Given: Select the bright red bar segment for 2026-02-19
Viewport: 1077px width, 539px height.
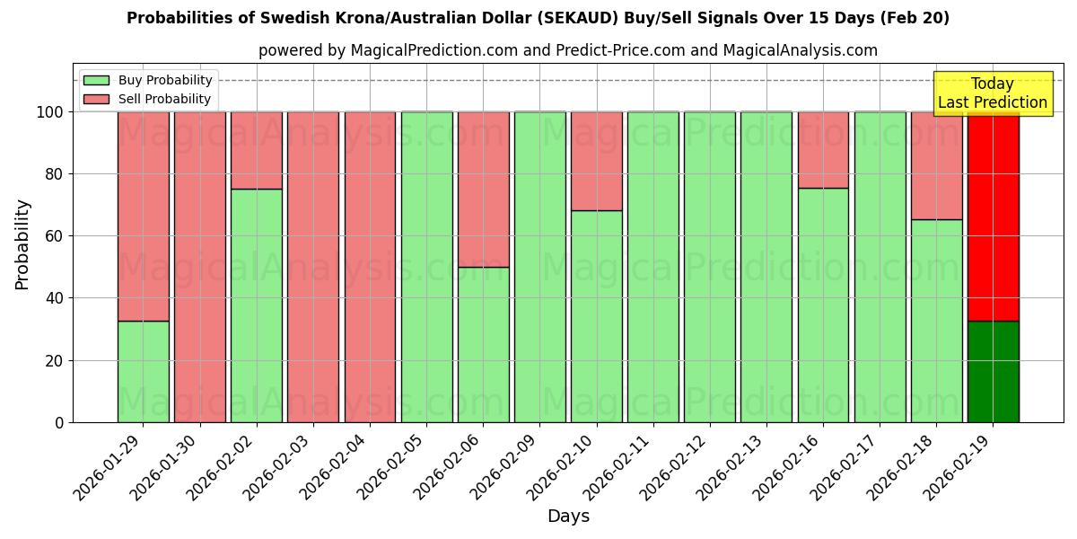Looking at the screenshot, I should [x=993, y=216].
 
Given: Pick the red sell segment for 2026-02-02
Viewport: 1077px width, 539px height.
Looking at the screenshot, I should [x=256, y=150].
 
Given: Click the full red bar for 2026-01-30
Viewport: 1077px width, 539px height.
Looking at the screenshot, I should [x=199, y=267].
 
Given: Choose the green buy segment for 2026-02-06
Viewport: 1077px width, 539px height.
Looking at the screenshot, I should [x=483, y=344].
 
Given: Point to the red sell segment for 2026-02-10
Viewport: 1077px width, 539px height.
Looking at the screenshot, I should [x=596, y=161].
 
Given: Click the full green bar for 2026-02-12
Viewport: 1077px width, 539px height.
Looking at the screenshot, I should [x=709, y=267].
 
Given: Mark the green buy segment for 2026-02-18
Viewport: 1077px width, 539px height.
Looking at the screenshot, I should [x=936, y=321].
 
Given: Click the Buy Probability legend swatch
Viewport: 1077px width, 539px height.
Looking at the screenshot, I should [x=96, y=81].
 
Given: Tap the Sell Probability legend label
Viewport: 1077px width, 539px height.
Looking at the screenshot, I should [x=164, y=100].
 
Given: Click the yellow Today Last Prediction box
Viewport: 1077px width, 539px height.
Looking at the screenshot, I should [x=992, y=93].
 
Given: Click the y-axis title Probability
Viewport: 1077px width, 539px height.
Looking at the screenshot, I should [x=22, y=244].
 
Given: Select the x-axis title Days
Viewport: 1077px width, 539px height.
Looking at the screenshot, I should [x=568, y=517].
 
